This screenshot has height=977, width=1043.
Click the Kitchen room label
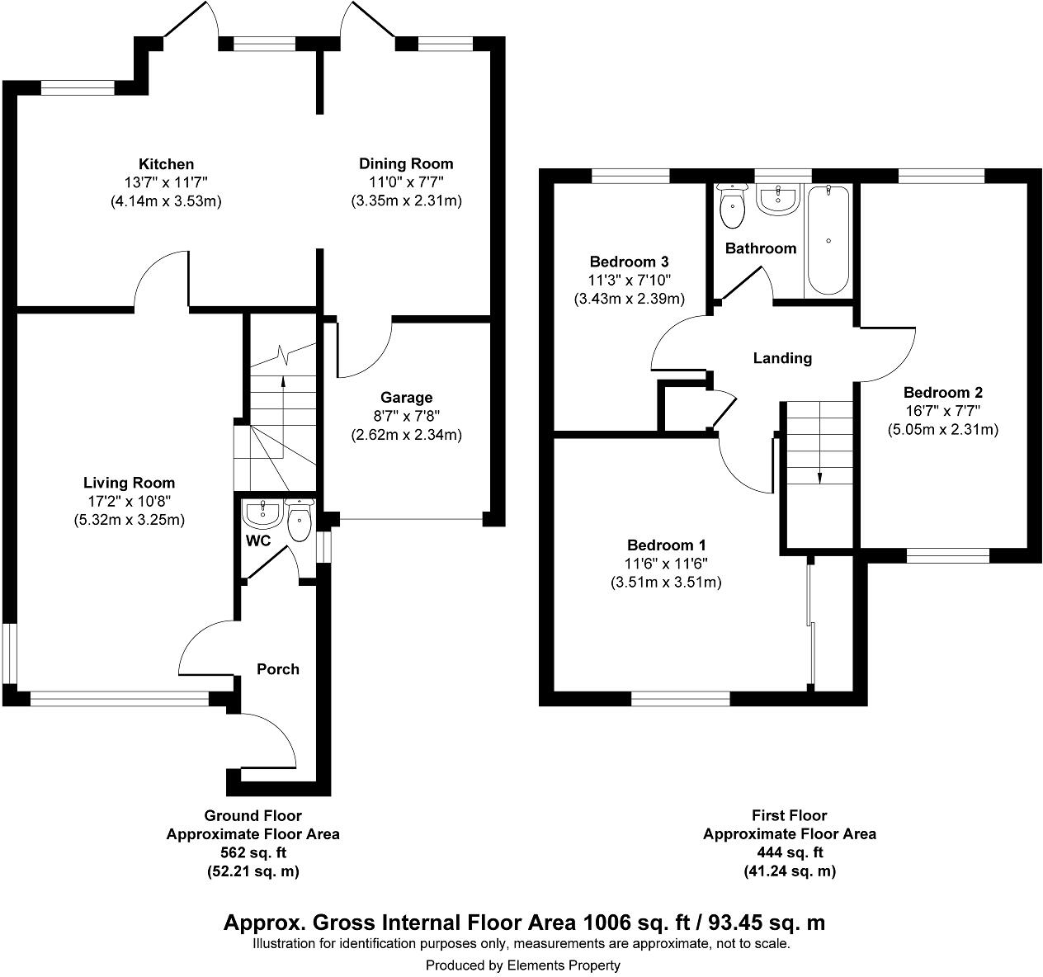tap(166, 164)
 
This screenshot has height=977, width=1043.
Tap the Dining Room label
tap(405, 163)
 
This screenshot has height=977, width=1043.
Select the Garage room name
tap(406, 398)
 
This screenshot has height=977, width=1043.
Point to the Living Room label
tap(129, 483)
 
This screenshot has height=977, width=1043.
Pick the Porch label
tap(278, 668)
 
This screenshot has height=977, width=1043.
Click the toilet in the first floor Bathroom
tap(731, 206)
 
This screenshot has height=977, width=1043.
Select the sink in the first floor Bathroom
tap(777, 199)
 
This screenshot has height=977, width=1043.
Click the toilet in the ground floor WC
tap(298, 519)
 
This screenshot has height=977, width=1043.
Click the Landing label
tap(782, 358)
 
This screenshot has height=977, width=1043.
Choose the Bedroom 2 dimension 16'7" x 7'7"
tap(942, 411)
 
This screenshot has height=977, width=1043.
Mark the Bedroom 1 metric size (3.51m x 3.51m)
tap(666, 582)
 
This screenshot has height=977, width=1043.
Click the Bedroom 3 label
tap(629, 262)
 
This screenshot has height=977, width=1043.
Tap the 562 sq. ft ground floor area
tap(252, 852)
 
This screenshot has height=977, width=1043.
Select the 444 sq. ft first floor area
tap(789, 852)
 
